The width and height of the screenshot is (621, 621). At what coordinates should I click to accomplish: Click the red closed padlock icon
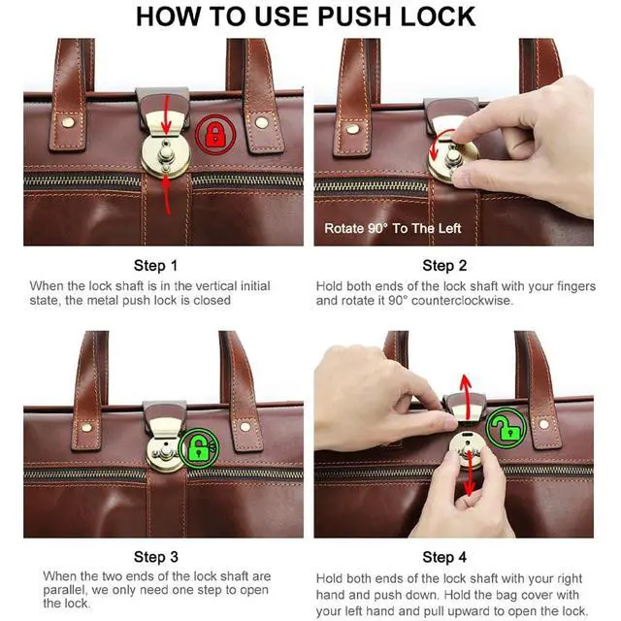(215, 134)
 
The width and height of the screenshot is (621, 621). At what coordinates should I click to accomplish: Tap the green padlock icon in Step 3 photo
(198, 448)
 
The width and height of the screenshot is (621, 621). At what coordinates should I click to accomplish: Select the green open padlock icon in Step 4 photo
(507, 428)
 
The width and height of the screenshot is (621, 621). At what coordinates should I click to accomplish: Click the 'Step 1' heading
(155, 265)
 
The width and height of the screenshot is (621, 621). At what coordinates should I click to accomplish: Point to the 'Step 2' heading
(444, 265)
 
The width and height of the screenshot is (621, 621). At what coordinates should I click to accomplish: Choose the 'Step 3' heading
(156, 557)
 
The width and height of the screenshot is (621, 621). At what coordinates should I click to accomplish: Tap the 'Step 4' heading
(444, 557)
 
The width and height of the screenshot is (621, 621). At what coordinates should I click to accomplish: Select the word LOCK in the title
(438, 16)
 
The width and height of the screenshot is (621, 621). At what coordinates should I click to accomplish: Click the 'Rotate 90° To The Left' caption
(392, 229)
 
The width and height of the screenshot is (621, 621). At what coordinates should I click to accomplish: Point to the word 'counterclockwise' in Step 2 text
(462, 301)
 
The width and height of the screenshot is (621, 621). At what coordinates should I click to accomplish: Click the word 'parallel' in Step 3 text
(65, 590)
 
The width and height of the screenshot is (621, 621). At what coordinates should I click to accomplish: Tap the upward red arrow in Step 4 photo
(466, 397)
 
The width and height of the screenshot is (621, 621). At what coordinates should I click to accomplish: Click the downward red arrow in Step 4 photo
(470, 474)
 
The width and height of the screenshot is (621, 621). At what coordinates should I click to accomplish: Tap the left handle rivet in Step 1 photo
(68, 122)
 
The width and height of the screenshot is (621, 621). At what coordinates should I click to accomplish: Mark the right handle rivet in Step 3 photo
(245, 427)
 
